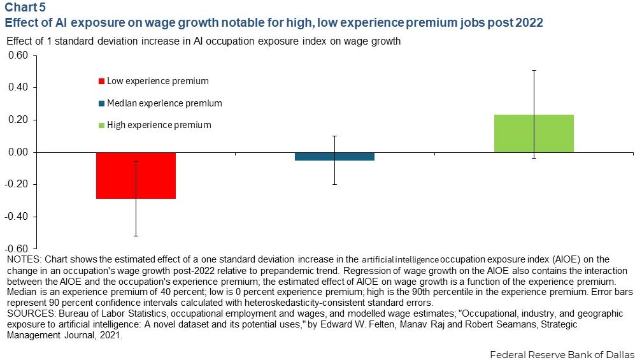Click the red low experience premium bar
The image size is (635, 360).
pyautogui.click(x=136, y=175)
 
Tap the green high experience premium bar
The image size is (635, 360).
pyautogui.click(x=534, y=133)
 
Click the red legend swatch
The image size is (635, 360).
pyautogui.click(x=101, y=82)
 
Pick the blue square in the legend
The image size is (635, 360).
pyautogui.click(x=101, y=103)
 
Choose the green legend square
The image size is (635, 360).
pyautogui.click(x=101, y=125)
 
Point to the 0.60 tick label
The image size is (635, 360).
pyautogui.click(x=18, y=55)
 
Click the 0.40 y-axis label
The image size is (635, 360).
pyautogui.click(x=18, y=87)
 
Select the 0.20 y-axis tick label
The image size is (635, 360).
pyautogui.click(x=18, y=120)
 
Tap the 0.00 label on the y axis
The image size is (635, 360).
pyautogui.click(x=18, y=152)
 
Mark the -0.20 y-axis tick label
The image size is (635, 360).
pyautogui.click(x=17, y=185)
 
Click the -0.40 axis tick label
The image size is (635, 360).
pyautogui.click(x=17, y=217)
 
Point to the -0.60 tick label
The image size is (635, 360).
pyautogui.click(x=17, y=248)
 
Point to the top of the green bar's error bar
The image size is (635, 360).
pyautogui.click(x=534, y=70)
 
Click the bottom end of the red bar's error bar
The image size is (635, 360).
pyautogui.click(x=136, y=236)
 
